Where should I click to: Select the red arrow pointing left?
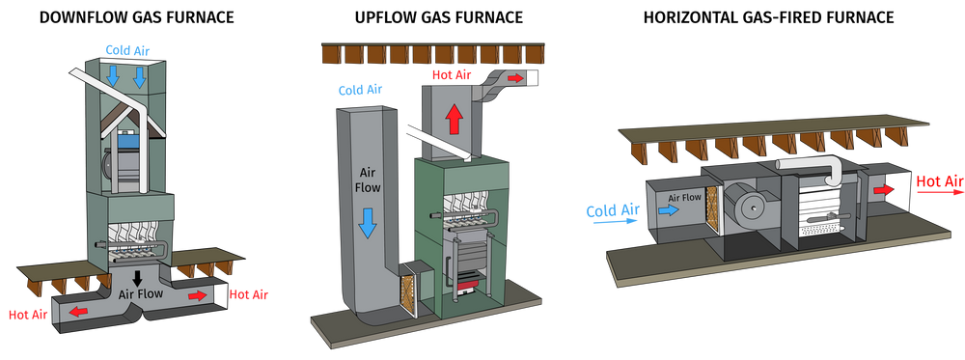pyautogui.click(x=71, y=311)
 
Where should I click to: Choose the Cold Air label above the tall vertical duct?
pyautogui.click(x=357, y=90)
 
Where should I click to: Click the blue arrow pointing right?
pyautogui.click(x=664, y=207)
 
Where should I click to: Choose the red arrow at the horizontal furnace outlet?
pyautogui.click(x=880, y=190)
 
